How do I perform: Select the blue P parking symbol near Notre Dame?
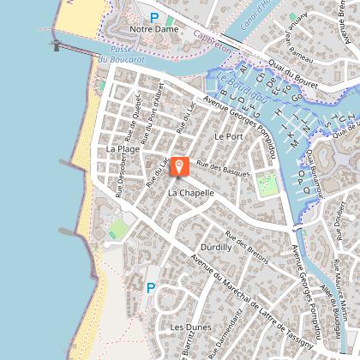pos(154,16)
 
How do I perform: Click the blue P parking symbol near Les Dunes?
pos(151,288)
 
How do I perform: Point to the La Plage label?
pos(123,148)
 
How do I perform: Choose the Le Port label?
pos(230,136)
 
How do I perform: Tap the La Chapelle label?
pos(186,193)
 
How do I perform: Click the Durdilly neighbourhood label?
pos(214,247)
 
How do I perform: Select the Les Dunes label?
pos(190,327)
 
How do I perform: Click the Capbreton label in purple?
pos(213,44)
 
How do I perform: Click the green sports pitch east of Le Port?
pos(268,183)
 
